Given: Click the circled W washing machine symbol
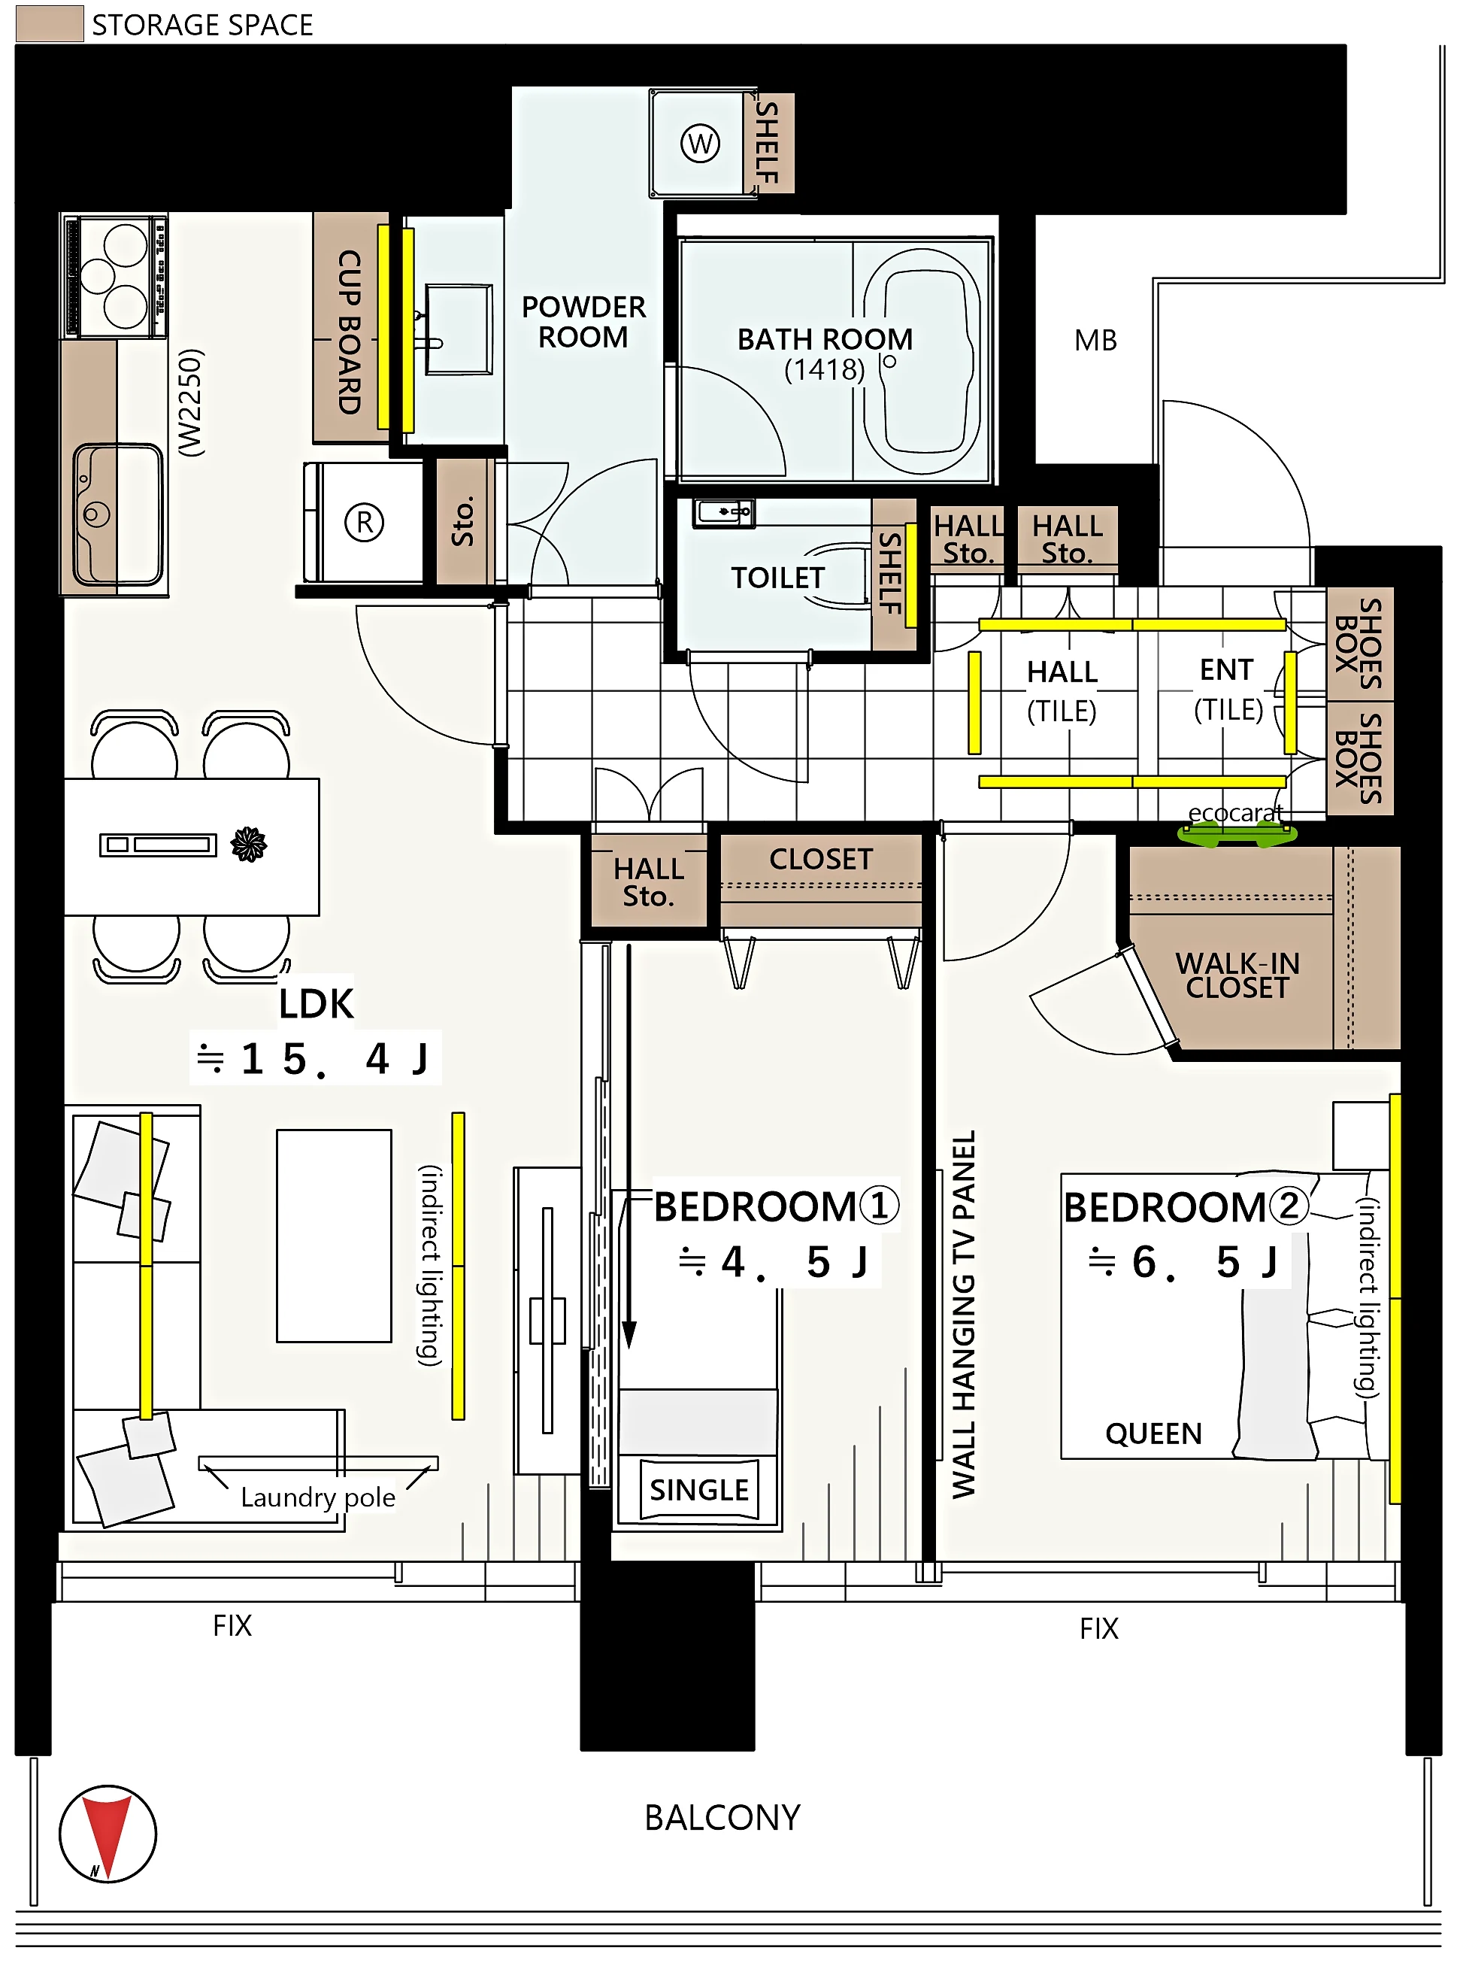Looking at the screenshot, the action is click(x=700, y=143).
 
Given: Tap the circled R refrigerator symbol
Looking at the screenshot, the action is click(x=364, y=522).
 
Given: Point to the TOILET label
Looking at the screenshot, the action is click(x=777, y=578).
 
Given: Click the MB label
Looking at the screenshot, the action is click(x=1095, y=340).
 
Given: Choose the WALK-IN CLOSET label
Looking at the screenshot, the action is click(x=1237, y=975).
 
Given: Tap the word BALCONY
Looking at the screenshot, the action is click(x=722, y=1817).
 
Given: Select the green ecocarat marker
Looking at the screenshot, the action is click(x=1237, y=833).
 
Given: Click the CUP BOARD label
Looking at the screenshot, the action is click(x=350, y=332).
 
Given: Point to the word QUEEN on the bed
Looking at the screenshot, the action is click(x=1153, y=1434).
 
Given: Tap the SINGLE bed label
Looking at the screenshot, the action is click(x=699, y=1490).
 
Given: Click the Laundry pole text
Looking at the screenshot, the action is click(x=317, y=1497).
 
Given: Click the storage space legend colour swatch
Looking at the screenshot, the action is click(x=50, y=24).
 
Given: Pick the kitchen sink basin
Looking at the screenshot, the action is click(x=118, y=515).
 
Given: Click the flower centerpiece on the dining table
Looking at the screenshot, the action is click(x=249, y=845).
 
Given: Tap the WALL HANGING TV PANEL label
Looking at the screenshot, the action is click(x=964, y=1314).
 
